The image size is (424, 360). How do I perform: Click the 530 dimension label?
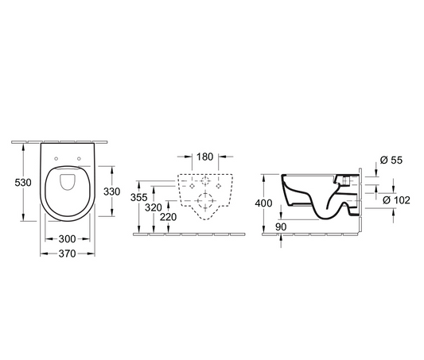pyautogui.click(x=23, y=183)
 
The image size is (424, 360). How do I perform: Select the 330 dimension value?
pyautogui.click(x=111, y=192)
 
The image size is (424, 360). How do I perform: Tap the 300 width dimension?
pyautogui.click(x=68, y=239)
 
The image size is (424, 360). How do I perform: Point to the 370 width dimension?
pyautogui.click(x=68, y=254)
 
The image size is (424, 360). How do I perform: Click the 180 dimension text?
pyautogui.click(x=204, y=157)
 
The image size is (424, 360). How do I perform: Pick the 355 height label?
pyautogui.click(x=138, y=197)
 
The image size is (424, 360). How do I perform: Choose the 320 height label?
pyautogui.click(x=154, y=207)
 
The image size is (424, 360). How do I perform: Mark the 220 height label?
pyautogui.click(x=168, y=217)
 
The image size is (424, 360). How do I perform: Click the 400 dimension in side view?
pyautogui.click(x=263, y=203)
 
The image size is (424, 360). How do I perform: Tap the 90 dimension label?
pyautogui.click(x=281, y=227)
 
